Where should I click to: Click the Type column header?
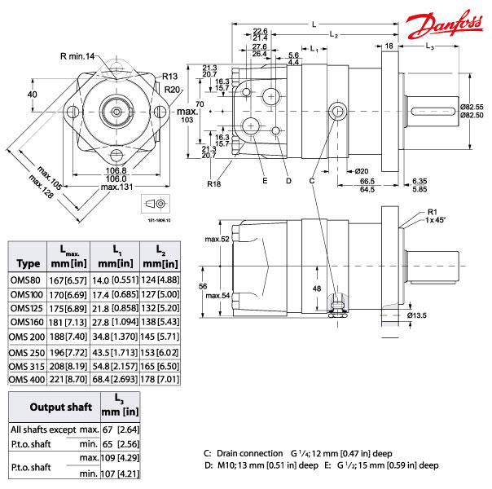coord(28,263)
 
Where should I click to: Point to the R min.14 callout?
coord(77,55)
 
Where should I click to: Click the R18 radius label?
coord(214,184)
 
